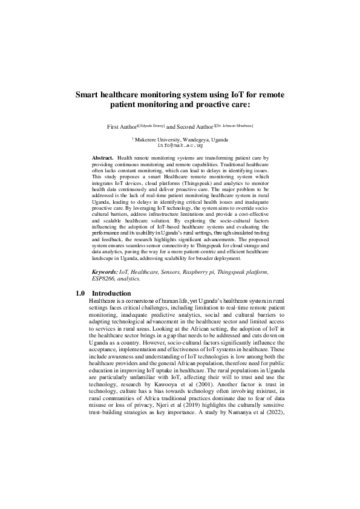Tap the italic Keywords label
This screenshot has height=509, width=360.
click(103, 272)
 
